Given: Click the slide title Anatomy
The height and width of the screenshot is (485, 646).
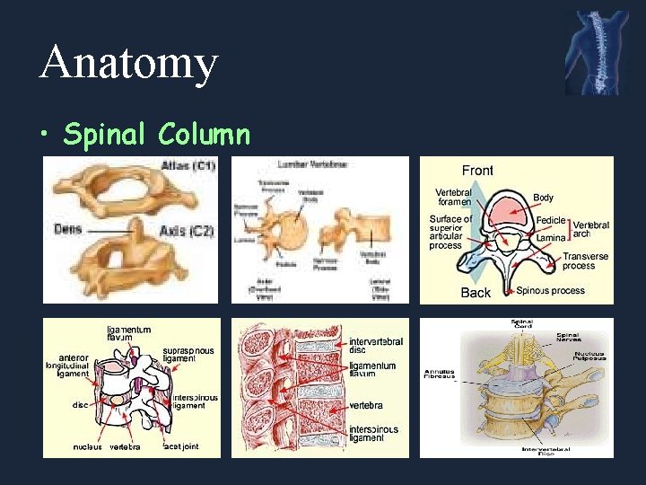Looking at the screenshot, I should point(129,64).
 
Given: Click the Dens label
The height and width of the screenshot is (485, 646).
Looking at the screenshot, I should point(67,229).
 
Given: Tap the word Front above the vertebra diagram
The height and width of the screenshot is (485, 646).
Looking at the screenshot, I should point(477,171).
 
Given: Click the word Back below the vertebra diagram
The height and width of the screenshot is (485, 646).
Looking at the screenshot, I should point(476,292).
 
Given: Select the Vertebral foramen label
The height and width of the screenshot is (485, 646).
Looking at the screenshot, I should point(453,198).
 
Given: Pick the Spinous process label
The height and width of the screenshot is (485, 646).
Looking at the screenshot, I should point(551,291).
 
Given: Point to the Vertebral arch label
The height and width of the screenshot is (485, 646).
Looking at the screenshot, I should point(591,230).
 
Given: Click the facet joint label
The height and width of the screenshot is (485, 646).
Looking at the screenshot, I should point(180,445).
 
